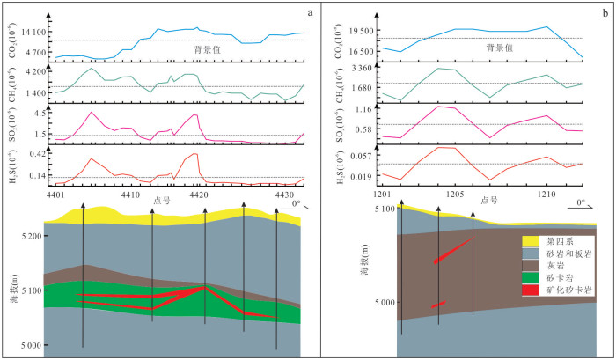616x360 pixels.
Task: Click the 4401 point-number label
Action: (58, 194)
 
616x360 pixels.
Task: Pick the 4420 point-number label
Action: (199, 194)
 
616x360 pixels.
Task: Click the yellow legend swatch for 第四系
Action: (531, 239)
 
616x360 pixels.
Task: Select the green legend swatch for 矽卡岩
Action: (531, 276)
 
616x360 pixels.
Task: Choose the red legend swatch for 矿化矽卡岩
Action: (531, 289)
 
